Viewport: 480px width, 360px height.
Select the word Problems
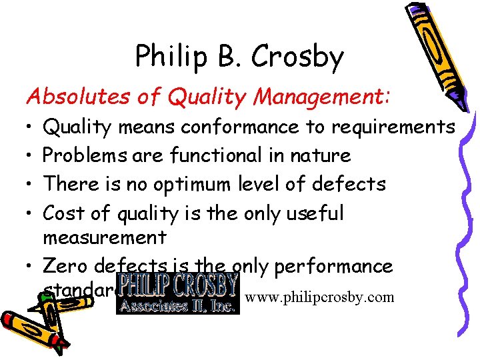84,155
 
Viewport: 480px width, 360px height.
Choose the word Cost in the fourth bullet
65,213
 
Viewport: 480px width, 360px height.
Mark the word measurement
104,237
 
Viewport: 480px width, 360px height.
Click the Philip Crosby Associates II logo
177,292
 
